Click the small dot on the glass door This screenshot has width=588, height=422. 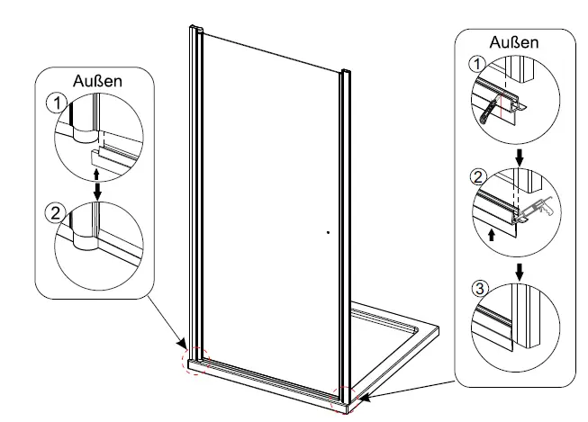(x=329, y=232)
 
